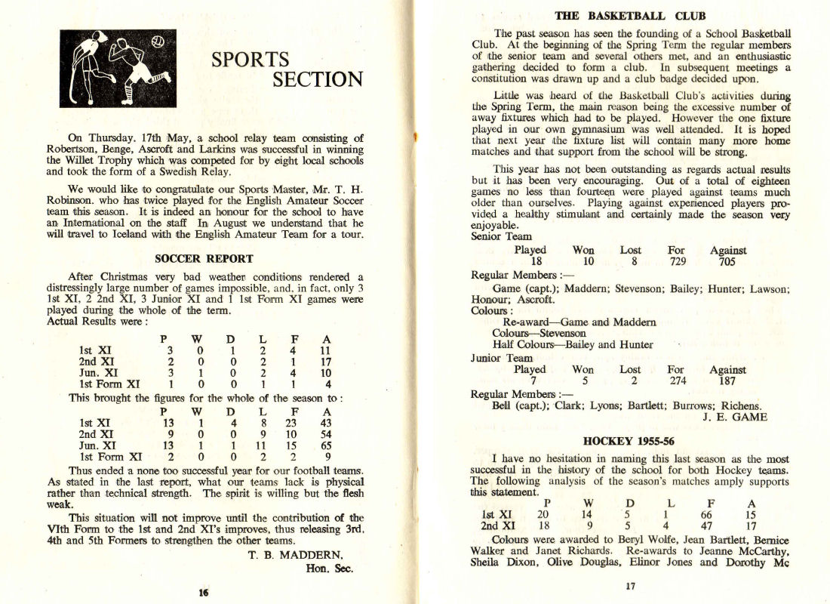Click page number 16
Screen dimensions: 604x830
coord(203,593)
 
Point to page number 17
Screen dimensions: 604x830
coord(631,586)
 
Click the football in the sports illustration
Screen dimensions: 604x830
coord(159,42)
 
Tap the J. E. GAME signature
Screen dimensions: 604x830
coord(734,417)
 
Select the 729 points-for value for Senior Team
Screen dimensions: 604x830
coord(676,263)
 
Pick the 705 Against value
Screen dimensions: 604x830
coord(727,263)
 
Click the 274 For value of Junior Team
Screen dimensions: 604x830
coord(676,382)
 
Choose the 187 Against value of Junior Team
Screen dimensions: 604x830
coord(727,382)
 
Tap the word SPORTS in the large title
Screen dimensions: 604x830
coord(250,59)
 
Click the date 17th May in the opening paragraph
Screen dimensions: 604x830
coord(155,137)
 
